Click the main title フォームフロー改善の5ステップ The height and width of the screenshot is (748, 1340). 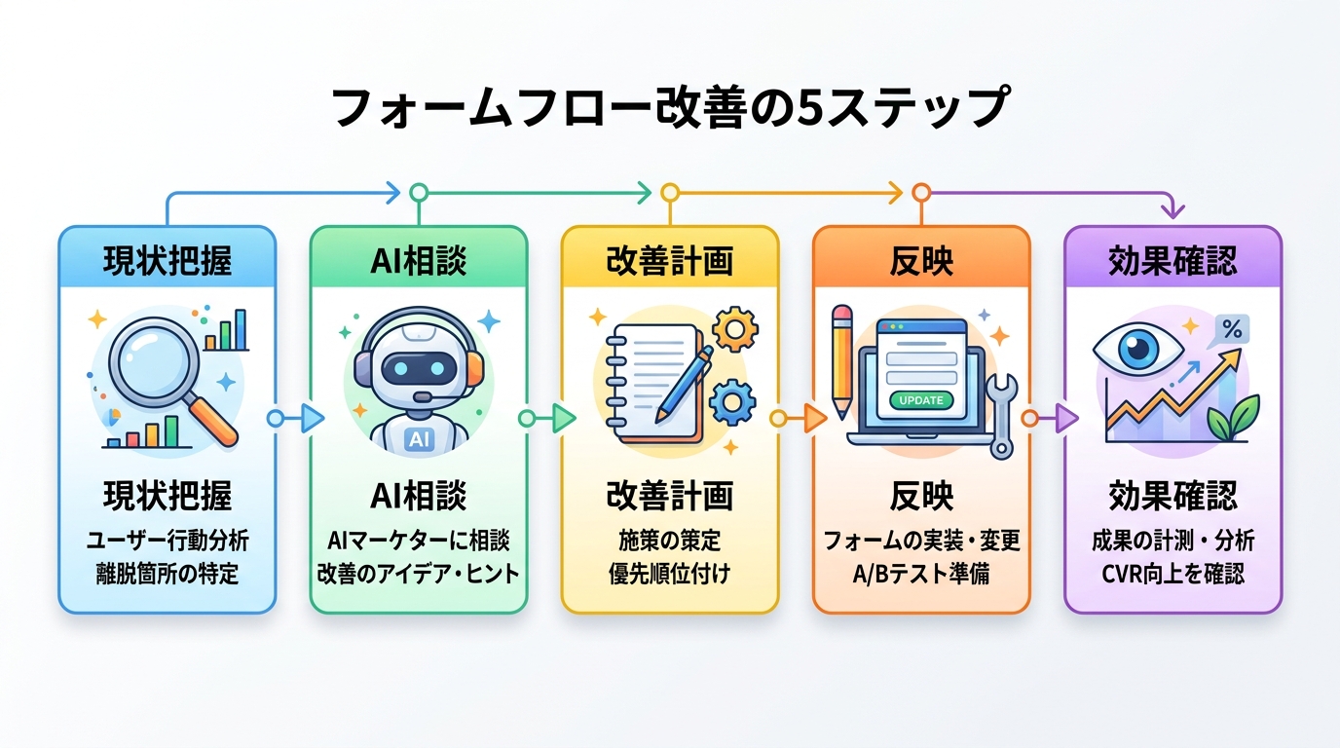click(x=669, y=108)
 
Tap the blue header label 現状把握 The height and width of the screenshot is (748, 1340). click(x=167, y=260)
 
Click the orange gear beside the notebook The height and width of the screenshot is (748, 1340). click(x=735, y=330)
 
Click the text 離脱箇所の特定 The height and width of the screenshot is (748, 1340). click(x=167, y=574)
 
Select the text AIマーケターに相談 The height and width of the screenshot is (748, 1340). click(x=419, y=541)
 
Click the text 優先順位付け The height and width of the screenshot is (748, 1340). click(x=669, y=574)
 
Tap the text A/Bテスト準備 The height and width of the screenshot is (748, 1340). click(x=921, y=574)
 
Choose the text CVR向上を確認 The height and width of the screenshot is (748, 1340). click(x=1172, y=574)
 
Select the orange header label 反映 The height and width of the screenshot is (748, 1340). click(x=921, y=260)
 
